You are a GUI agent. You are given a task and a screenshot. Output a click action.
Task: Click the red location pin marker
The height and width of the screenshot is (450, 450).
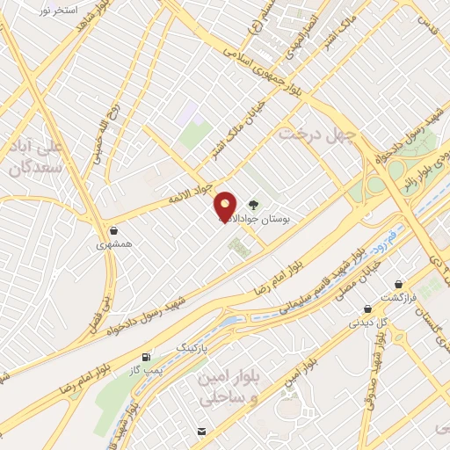(225, 206)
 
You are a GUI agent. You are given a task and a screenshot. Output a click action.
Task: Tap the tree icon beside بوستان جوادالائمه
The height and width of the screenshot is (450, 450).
(254, 201)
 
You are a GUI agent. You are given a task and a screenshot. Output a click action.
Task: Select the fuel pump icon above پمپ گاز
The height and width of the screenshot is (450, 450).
(146, 357)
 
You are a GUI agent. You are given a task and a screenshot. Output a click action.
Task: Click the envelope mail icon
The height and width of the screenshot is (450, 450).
(202, 432)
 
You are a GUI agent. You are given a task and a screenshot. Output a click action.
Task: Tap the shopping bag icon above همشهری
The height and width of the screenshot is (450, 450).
(113, 231)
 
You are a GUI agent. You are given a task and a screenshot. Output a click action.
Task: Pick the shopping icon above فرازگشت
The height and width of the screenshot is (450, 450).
(402, 285)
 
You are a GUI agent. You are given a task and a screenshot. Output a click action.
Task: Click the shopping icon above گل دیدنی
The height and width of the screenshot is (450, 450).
(368, 308)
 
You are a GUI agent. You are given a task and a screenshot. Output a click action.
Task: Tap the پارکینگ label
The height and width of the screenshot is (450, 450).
(194, 347)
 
